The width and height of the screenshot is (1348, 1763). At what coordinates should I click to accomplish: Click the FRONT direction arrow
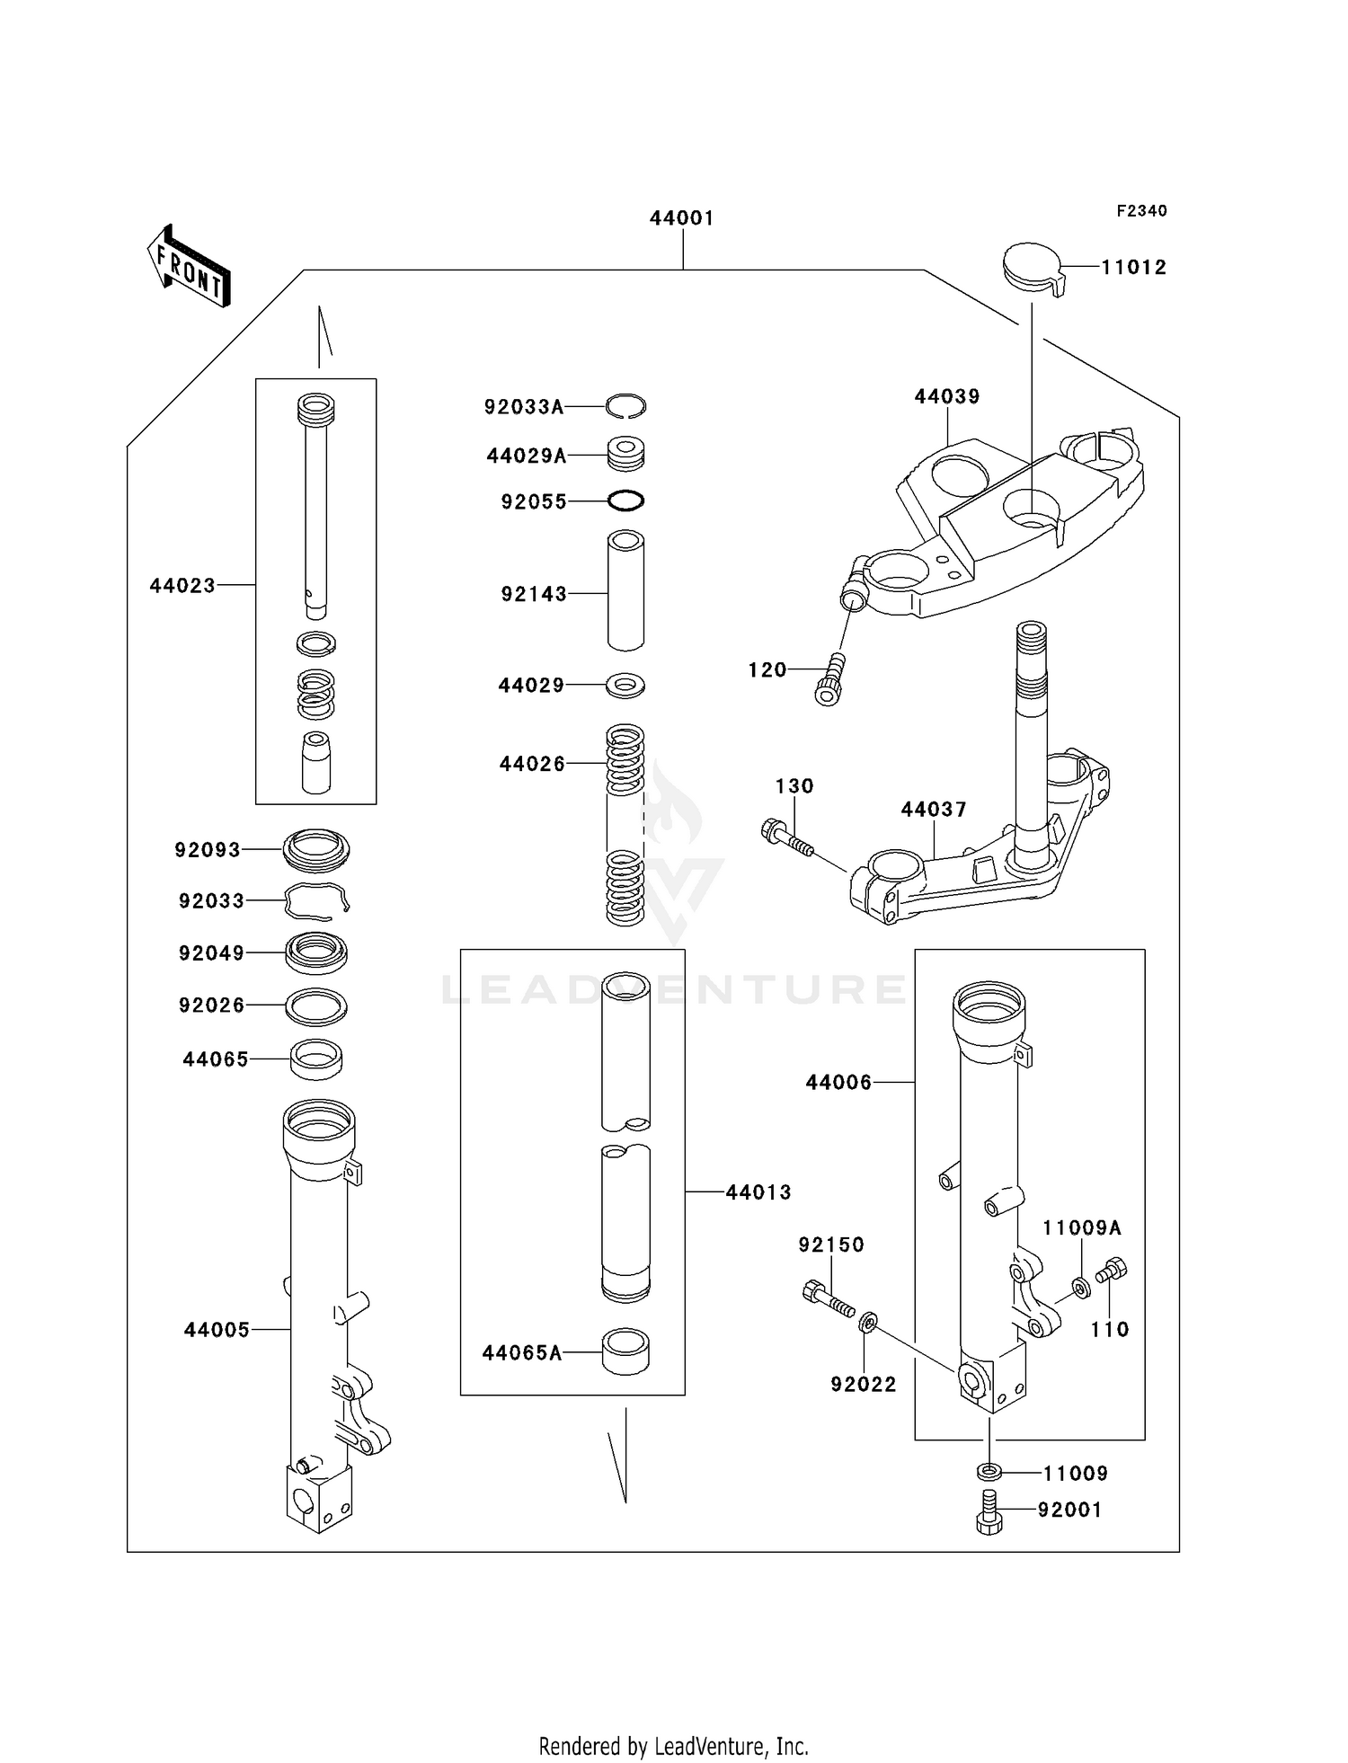click(x=189, y=266)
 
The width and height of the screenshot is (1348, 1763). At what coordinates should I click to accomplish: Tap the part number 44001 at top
click(x=682, y=218)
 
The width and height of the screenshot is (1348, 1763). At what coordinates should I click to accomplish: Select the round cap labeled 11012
click(x=1032, y=264)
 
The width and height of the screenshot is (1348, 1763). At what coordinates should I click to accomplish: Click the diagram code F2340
click(x=1141, y=211)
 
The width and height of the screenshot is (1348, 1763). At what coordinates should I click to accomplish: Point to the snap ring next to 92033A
click(x=625, y=406)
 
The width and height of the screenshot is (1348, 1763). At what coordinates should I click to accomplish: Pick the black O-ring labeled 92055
click(x=625, y=501)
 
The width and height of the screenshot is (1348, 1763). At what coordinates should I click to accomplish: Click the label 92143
click(x=534, y=594)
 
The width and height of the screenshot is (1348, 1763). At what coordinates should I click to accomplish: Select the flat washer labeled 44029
click(x=625, y=685)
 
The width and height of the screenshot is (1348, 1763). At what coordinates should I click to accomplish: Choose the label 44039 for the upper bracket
click(x=947, y=396)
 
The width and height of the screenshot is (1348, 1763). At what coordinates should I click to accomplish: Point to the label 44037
click(x=934, y=810)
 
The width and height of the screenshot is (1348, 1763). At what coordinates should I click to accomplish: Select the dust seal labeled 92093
click(x=316, y=849)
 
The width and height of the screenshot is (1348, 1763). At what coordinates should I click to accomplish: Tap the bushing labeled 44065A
click(x=625, y=1351)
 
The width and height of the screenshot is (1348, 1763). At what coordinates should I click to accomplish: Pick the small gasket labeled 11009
click(x=989, y=1473)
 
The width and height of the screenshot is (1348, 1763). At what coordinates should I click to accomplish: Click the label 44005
click(x=217, y=1330)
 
